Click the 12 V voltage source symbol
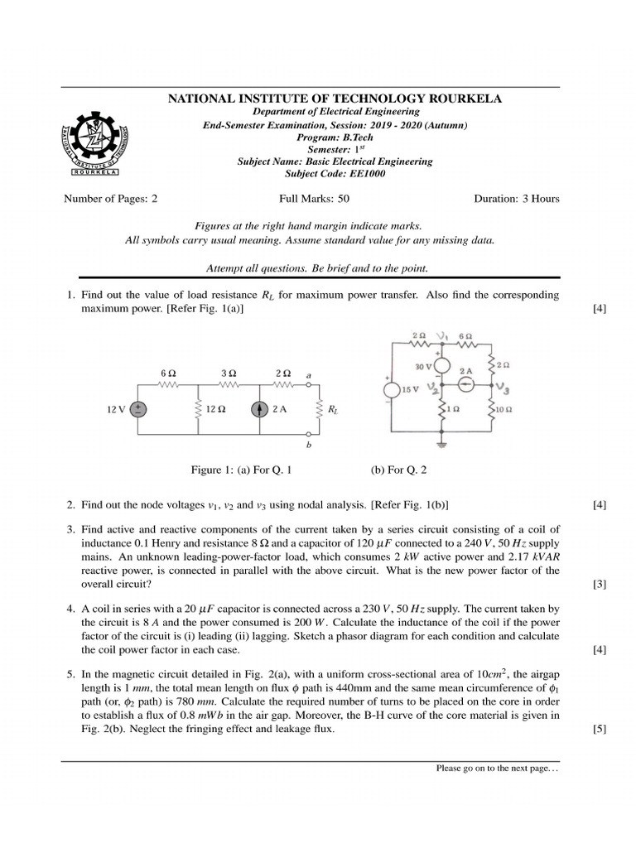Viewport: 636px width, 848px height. pyautogui.click(x=139, y=409)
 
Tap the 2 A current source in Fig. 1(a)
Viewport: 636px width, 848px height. pyautogui.click(x=259, y=409)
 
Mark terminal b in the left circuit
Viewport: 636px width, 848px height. pyautogui.click(x=308, y=445)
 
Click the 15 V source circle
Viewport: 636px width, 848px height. pyautogui.click(x=389, y=390)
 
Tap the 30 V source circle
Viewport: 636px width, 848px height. pyautogui.click(x=441, y=365)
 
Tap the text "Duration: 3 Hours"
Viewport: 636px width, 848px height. pyautogui.click(x=516, y=199)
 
